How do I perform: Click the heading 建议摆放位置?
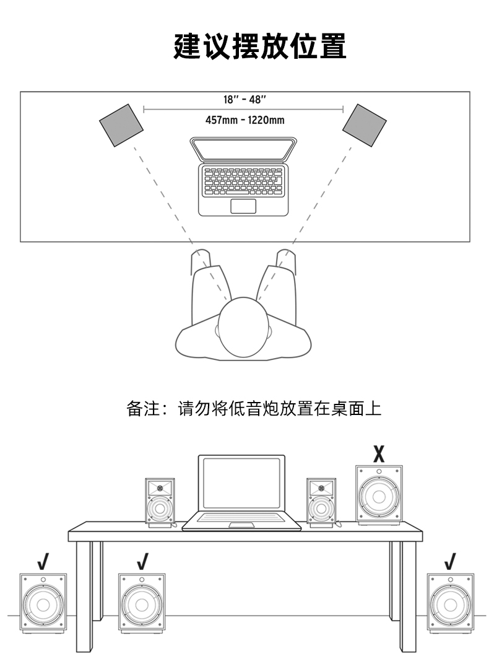[x=260, y=46]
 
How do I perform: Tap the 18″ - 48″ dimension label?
[x=244, y=100]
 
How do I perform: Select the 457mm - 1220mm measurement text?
[x=244, y=120]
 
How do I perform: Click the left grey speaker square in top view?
[x=121, y=125]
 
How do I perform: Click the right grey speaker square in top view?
[x=364, y=125]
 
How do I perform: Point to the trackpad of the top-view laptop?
[x=243, y=206]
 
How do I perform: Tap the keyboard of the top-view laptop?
[x=243, y=181]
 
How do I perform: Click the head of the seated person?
[x=243, y=327]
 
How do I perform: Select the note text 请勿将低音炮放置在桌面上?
[x=280, y=409]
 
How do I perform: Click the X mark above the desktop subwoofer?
[x=379, y=453]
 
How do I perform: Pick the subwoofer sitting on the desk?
[x=379, y=496]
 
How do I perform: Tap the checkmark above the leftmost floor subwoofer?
[x=43, y=562]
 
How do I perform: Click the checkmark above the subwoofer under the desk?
[x=142, y=562]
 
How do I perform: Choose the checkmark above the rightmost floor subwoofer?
[x=450, y=562]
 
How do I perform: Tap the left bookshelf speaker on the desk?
[x=160, y=503]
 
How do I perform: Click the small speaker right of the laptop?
[x=321, y=503]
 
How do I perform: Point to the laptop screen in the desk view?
[x=241, y=483]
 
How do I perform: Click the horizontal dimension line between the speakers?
[x=243, y=110]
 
